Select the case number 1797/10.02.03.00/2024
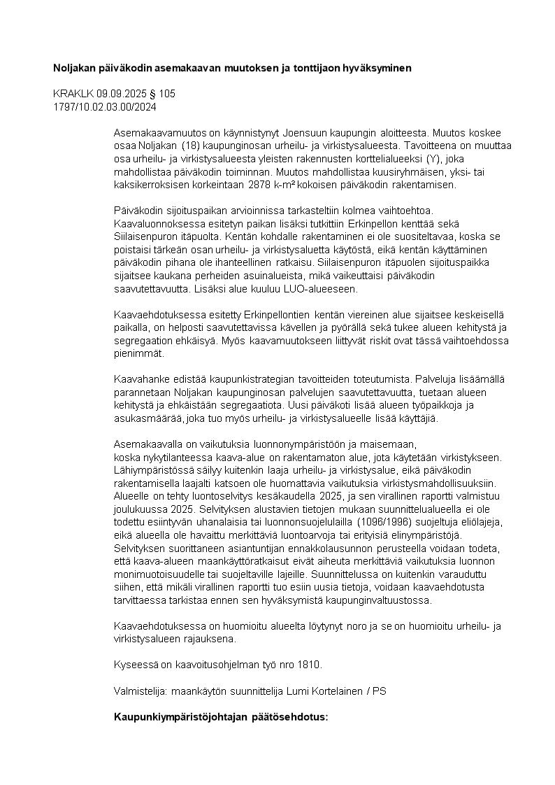pos(105,107)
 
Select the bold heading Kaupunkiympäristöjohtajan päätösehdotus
pos(221,718)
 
